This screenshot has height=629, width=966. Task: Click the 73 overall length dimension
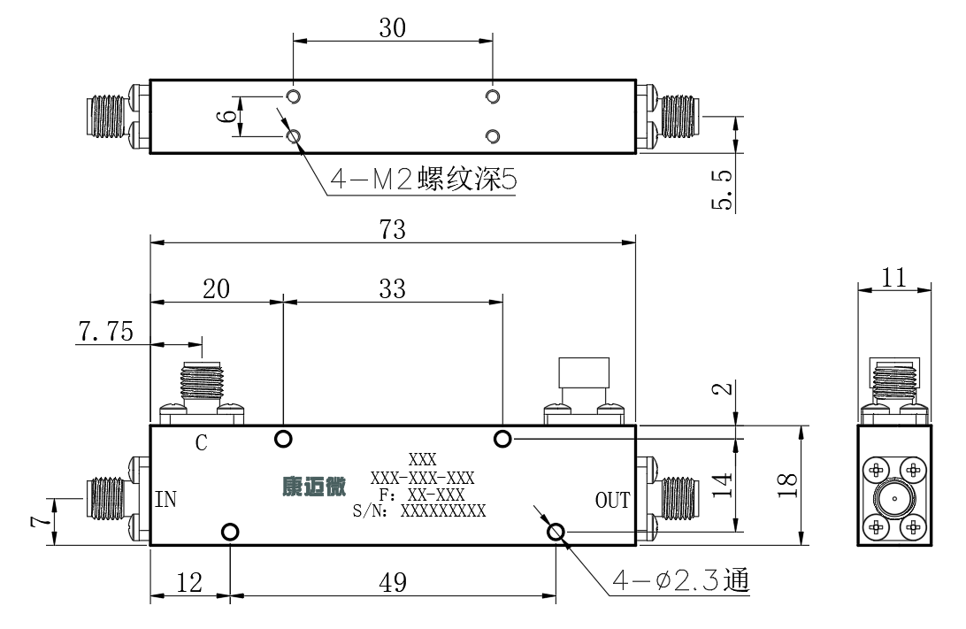(393, 229)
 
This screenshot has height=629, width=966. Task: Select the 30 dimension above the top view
(393, 27)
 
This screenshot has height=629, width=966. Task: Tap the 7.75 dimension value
(105, 332)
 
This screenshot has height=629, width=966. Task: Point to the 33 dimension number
(393, 288)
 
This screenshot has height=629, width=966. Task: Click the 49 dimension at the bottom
(393, 582)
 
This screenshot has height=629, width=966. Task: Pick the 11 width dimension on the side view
(893, 278)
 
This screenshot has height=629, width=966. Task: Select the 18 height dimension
(787, 485)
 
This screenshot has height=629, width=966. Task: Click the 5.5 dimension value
(722, 189)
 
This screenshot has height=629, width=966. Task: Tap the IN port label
(165, 499)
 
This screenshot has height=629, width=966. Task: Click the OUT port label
(612, 500)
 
